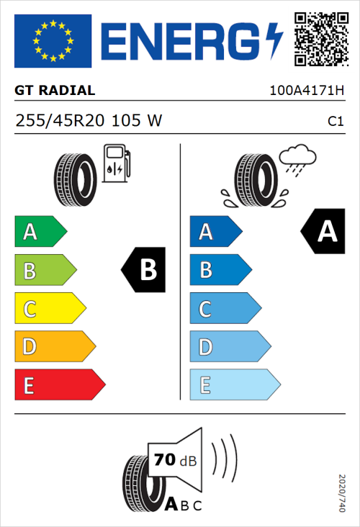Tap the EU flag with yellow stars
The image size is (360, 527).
(53, 41)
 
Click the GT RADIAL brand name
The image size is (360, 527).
(55, 91)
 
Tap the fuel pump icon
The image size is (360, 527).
(116, 163)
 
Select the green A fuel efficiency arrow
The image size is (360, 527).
(40, 232)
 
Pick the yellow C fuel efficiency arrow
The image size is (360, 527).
(49, 310)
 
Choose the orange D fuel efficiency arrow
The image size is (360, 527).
(53, 348)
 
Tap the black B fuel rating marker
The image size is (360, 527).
(144, 270)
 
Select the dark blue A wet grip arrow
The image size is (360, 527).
(215, 232)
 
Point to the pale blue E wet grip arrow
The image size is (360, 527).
(233, 385)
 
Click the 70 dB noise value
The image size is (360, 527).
(173, 459)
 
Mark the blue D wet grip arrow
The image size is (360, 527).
(228, 348)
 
